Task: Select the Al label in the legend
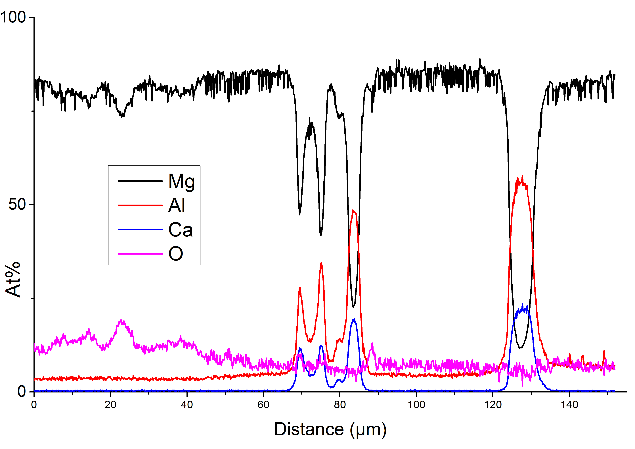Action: pyautogui.click(x=177, y=205)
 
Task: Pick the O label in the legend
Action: pyautogui.click(x=176, y=253)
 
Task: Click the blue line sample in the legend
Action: pyautogui.click(x=140, y=229)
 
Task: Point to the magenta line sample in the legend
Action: pyautogui.click(x=140, y=253)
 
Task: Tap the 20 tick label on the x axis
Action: pyautogui.click(x=110, y=405)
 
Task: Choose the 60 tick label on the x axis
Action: pyautogui.click(x=263, y=405)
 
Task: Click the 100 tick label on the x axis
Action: pyautogui.click(x=416, y=405)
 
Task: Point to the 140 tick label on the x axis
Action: pyautogui.click(x=569, y=405)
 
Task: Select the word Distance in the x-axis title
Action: pyautogui.click(x=309, y=429)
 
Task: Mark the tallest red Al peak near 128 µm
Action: pyautogui.click(x=522, y=176)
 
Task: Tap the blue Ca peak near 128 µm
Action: pyautogui.click(x=522, y=304)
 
